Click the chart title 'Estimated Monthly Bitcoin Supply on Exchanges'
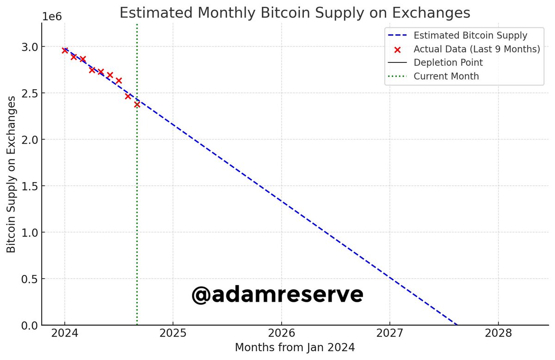coord(295,12)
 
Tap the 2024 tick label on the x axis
coord(65,334)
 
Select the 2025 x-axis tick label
coord(173,334)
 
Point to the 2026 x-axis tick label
coord(281,334)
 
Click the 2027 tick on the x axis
coord(389,334)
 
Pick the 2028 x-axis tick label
coord(498,334)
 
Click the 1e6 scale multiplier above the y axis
coord(52,17)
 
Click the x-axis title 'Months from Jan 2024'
coord(295,348)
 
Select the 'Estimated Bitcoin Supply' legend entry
coord(470,35)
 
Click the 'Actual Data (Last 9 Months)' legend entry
coord(477,49)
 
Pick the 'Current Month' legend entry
coord(446,76)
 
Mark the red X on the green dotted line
coord(137,104)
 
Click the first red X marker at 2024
coord(65,50)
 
